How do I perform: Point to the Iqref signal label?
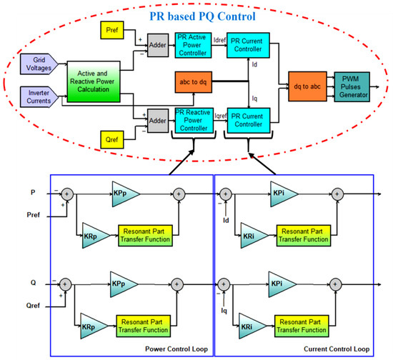(x=221, y=114)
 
